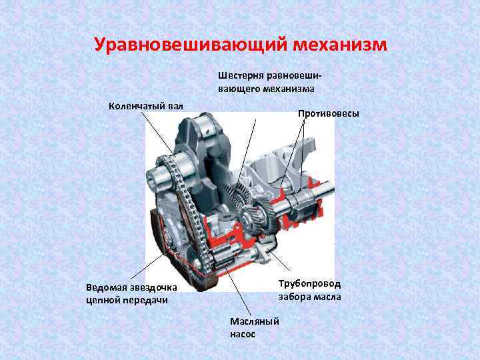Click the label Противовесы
(328, 114)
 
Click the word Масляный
(255, 322)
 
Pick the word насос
(243, 333)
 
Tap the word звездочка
(153, 288)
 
